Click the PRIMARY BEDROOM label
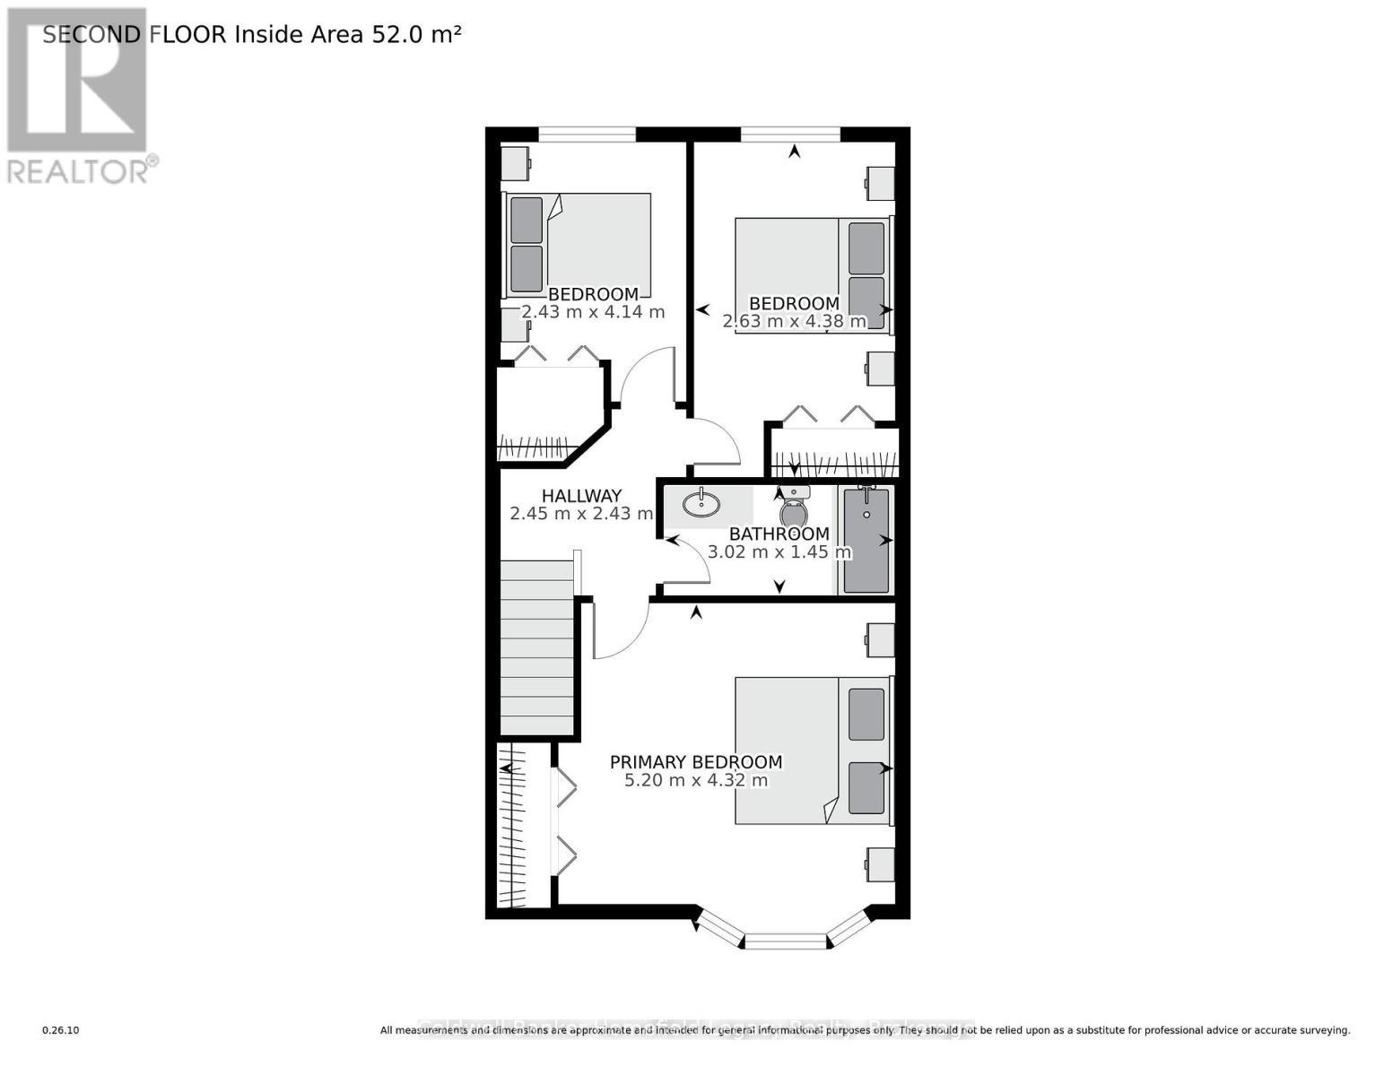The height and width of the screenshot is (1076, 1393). click(695, 762)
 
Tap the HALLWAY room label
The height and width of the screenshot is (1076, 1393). click(581, 496)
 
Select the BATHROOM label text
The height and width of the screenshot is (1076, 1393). click(779, 534)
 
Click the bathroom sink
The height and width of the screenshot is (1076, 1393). click(701, 505)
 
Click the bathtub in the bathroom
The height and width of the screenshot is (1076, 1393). click(866, 541)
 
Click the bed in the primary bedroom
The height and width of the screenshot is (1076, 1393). click(813, 751)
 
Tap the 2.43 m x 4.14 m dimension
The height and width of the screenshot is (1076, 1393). click(593, 312)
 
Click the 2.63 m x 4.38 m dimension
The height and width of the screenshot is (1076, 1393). click(794, 321)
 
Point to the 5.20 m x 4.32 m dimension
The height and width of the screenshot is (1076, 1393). click(695, 780)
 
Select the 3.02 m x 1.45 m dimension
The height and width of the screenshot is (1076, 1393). click(779, 551)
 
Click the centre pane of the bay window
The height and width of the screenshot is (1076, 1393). click(785, 941)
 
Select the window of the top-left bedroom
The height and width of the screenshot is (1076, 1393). click(587, 134)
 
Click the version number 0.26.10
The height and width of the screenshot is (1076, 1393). click(61, 1030)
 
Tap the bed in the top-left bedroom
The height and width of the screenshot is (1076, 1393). click(578, 243)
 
